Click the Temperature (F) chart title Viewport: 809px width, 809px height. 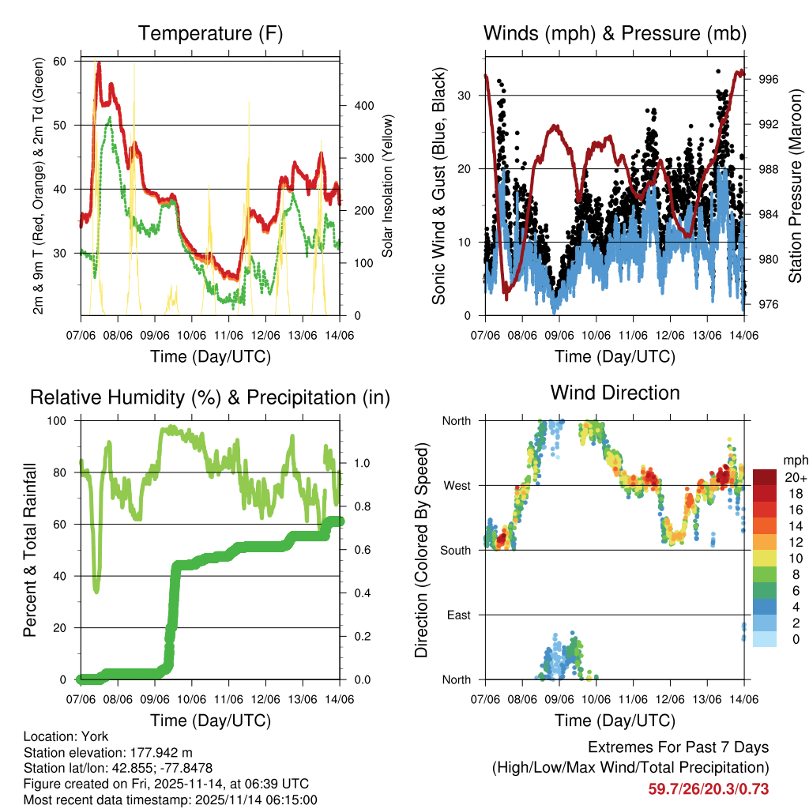[210, 34]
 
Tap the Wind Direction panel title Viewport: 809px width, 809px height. [615, 393]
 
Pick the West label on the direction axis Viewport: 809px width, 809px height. [456, 486]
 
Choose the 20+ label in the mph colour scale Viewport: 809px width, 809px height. [795, 477]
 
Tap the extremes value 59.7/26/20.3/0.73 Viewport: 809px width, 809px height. [709, 788]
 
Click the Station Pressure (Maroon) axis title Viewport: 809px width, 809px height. [795, 185]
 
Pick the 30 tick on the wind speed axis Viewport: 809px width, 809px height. [466, 96]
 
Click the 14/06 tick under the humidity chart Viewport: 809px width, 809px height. [340, 700]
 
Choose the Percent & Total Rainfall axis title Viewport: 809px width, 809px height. [30, 551]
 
